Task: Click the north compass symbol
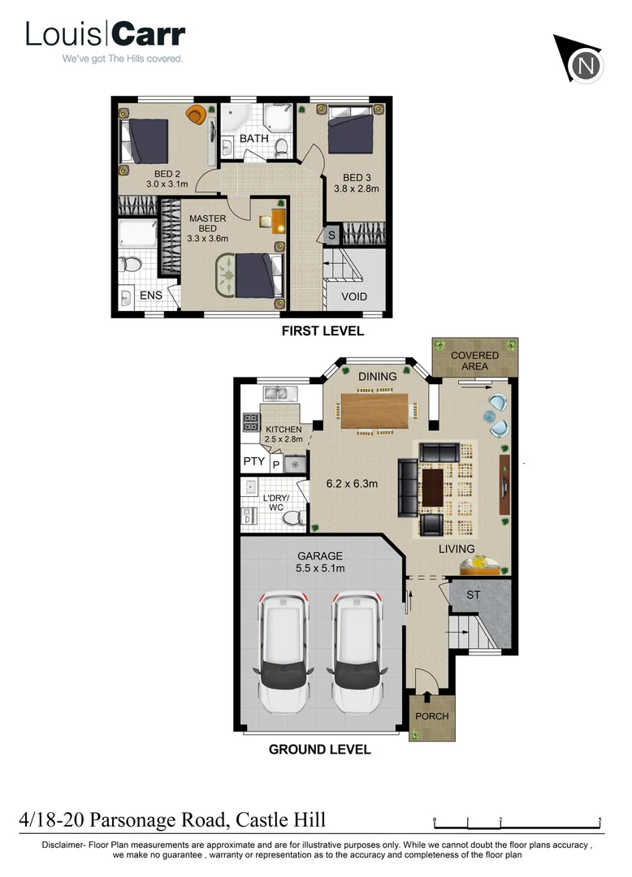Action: [583, 63]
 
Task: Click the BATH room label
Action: [253, 139]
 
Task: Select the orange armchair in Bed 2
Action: [195, 115]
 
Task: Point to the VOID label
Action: [354, 296]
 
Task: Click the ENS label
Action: [151, 296]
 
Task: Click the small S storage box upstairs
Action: [331, 235]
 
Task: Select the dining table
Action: [375, 410]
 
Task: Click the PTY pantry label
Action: [253, 462]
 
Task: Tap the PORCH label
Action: [431, 716]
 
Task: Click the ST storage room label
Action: [474, 595]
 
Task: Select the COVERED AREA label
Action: [474, 361]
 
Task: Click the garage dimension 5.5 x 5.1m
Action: [320, 568]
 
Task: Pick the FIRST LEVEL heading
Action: [322, 331]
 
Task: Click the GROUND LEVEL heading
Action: [320, 750]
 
